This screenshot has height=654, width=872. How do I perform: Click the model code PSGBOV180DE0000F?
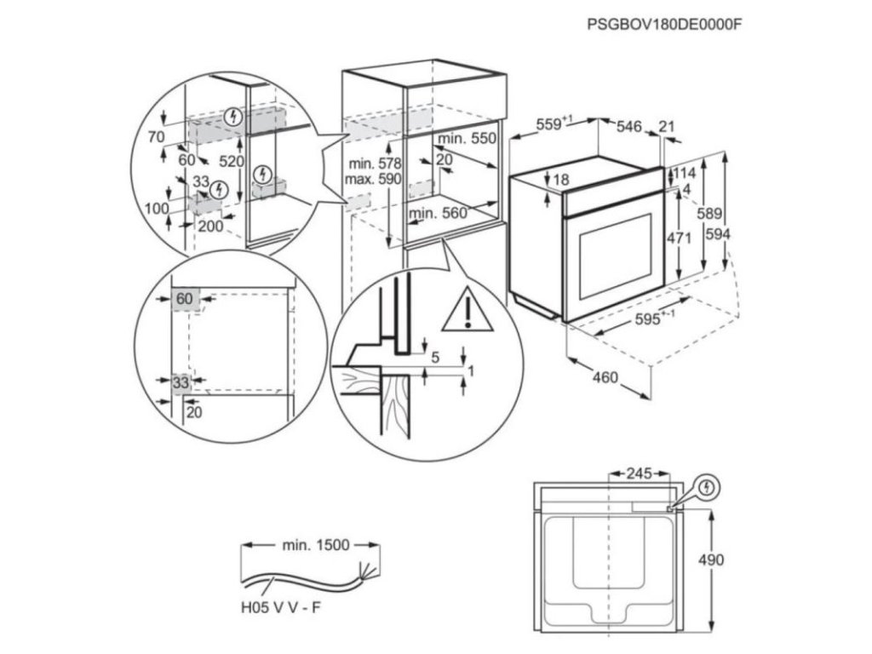coord(665,24)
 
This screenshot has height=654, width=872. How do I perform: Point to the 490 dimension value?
coord(710,559)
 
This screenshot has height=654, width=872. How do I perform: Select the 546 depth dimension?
coord(628,127)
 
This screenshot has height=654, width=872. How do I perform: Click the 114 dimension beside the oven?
coord(684,172)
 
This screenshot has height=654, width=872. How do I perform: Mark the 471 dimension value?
coord(678,239)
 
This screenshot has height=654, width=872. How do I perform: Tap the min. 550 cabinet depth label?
coord(466,138)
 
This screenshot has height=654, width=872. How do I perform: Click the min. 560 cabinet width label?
coord(438,214)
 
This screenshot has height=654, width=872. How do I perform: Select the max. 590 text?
coord(371,180)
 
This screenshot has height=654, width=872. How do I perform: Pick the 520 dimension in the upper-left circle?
coord(232,161)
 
